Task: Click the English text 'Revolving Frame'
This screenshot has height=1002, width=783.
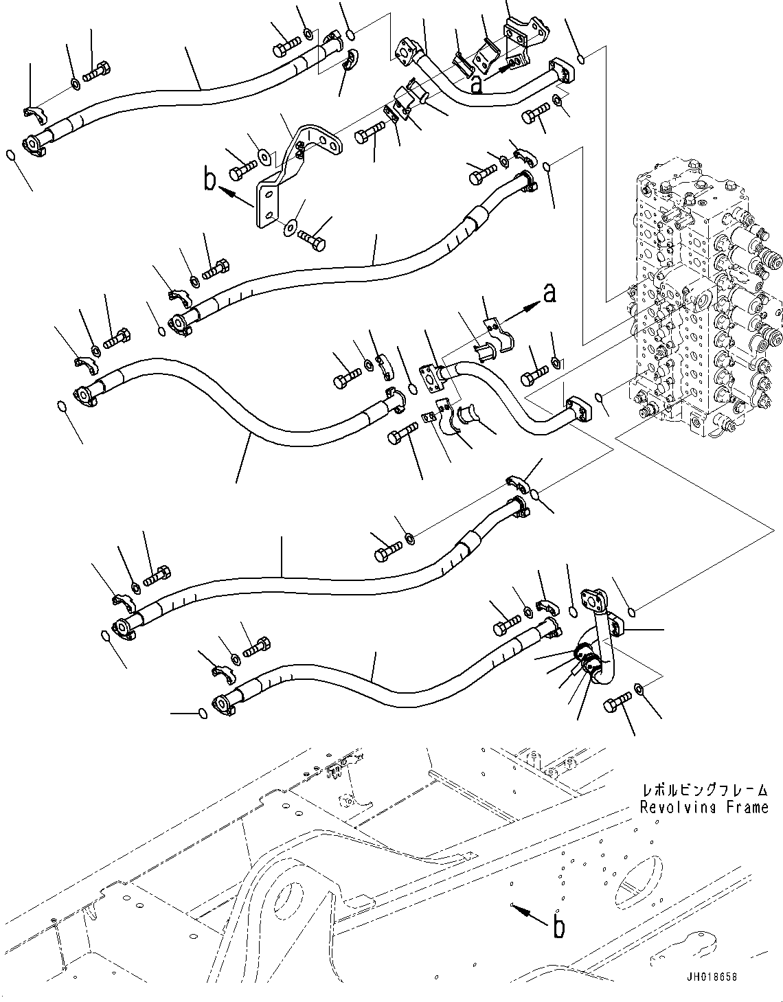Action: [x=703, y=807]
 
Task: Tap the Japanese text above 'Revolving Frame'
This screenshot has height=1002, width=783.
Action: [x=703, y=790]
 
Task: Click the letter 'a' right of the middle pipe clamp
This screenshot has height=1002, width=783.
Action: [x=549, y=295]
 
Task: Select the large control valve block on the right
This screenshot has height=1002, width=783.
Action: [x=701, y=302]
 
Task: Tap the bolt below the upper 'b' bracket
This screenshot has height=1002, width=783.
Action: [x=313, y=240]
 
